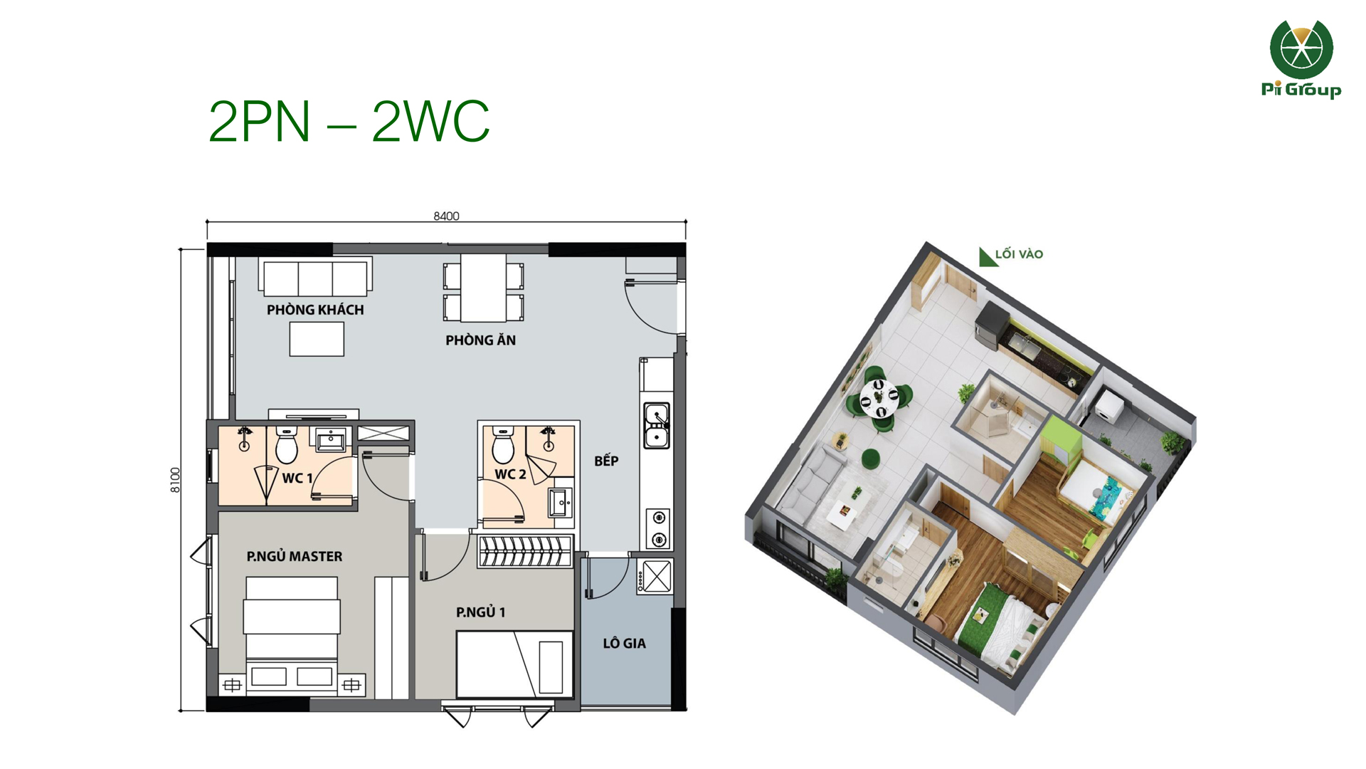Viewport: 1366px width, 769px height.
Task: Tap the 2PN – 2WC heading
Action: point(349,121)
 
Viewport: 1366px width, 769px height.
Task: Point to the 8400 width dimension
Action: point(446,216)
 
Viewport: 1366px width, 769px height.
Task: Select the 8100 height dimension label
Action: point(175,480)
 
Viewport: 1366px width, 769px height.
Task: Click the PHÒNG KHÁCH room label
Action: point(315,310)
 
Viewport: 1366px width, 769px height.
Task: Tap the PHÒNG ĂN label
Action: point(480,340)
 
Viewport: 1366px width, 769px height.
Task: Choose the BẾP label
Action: point(606,461)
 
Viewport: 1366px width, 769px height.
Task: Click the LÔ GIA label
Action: point(624,644)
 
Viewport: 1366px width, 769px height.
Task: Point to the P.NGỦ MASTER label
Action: point(295,556)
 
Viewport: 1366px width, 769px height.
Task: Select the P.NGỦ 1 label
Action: point(480,612)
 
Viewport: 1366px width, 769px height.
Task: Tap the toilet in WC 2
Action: point(503,444)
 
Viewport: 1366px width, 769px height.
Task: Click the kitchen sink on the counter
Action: point(656,425)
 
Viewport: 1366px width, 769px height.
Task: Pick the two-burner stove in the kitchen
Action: point(659,528)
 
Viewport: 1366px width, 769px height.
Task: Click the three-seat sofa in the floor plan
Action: point(315,277)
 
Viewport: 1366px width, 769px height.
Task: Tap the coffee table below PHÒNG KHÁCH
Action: point(317,339)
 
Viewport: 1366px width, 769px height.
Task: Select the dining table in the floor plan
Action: point(483,288)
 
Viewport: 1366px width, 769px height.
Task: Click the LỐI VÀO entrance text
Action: point(1019,254)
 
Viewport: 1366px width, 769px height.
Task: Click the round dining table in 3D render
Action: point(879,398)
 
